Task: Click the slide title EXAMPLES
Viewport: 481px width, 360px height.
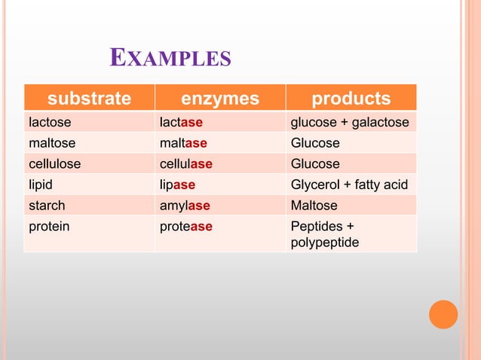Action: [170, 58]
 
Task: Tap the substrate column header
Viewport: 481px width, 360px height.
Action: [89, 99]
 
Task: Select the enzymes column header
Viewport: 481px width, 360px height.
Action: [219, 99]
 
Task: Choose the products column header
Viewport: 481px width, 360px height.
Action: [351, 99]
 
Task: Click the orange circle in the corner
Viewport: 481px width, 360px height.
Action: [443, 314]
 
